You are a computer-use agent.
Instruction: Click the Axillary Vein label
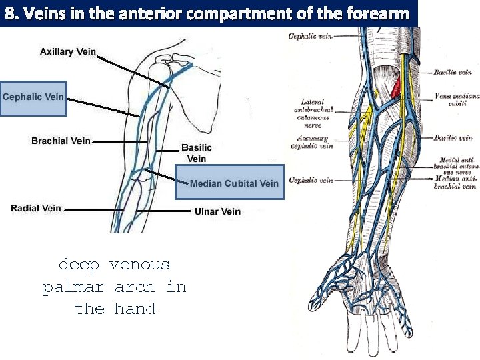(68, 52)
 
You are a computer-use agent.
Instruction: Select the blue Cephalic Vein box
(33, 97)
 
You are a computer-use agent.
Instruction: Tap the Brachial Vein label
(61, 141)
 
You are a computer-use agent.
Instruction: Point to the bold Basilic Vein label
(197, 153)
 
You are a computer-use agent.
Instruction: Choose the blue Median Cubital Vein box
(230, 182)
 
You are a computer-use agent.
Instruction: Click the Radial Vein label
(36, 209)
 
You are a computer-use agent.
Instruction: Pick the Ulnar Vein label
(217, 211)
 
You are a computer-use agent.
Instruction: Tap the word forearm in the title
(381, 13)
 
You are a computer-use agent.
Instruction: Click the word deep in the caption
(79, 265)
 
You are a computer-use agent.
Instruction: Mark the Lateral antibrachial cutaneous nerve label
(313, 113)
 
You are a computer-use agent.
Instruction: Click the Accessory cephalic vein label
(313, 142)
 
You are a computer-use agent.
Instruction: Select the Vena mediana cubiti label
(457, 99)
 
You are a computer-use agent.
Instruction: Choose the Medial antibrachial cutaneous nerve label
(458, 165)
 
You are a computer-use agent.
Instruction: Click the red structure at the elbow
(396, 87)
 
